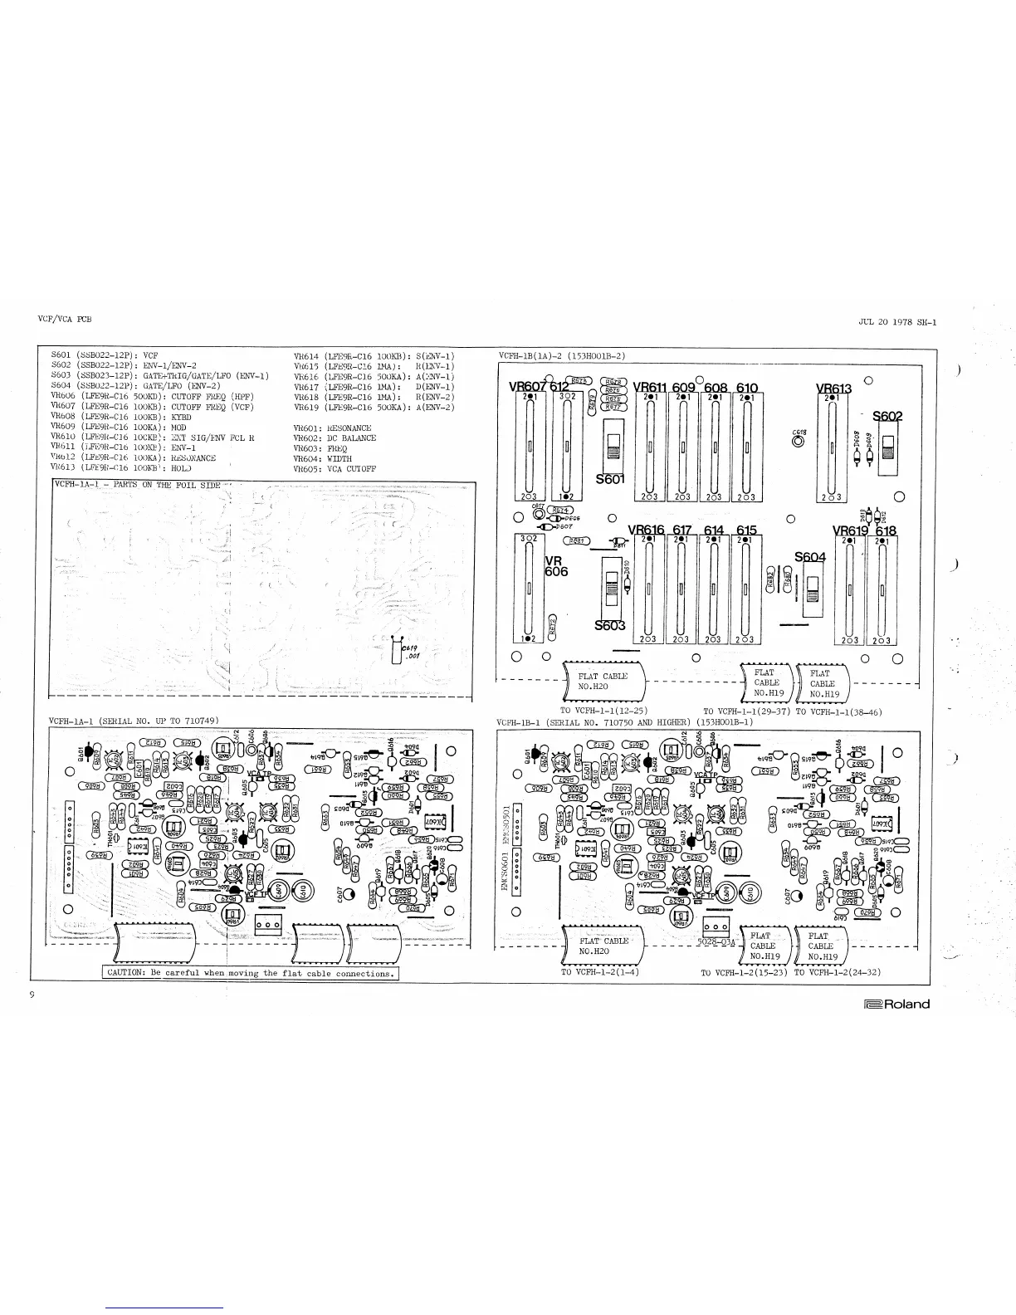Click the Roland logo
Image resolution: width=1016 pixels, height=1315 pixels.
pos(896,1004)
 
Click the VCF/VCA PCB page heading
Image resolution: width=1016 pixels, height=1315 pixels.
pos(64,319)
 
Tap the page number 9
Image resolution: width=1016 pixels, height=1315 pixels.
pos(31,995)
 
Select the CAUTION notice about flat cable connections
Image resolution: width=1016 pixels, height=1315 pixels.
pos(250,973)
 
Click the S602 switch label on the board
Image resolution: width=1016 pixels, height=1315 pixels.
pos(887,417)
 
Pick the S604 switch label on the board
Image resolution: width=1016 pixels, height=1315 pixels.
pos(810,557)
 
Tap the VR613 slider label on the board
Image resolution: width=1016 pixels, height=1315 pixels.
pos(833,389)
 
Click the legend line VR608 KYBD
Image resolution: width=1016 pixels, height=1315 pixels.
pos(120,417)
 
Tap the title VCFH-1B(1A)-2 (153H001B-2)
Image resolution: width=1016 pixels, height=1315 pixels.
pos(561,356)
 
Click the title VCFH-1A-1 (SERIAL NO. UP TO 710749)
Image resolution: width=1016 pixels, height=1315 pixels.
pos(134,721)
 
